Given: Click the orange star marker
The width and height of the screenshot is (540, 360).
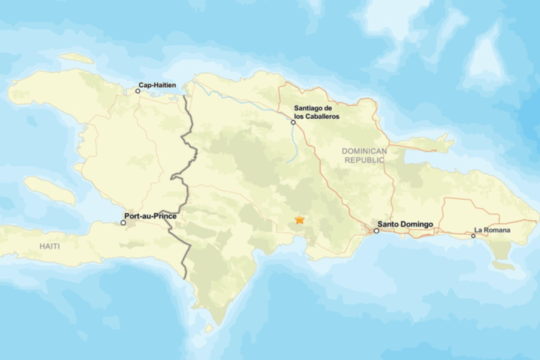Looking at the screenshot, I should coord(300,220).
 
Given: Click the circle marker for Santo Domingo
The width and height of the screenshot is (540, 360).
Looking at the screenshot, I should coord(377,231).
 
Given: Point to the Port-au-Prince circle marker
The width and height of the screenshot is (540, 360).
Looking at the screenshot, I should coord(123,223).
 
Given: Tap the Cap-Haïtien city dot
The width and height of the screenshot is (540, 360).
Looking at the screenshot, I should coord(138,91).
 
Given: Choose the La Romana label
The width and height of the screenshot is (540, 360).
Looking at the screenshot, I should coord(492,230).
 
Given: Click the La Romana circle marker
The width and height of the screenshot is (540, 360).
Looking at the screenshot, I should coord(473,236).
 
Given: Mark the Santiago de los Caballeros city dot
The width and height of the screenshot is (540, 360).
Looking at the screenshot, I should coord(293,122).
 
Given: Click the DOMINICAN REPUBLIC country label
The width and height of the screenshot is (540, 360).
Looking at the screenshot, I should coord(364,155).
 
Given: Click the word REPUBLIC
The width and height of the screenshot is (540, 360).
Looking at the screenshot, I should coord(364,160).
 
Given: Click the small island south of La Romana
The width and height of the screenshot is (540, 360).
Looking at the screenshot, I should coord(503,266).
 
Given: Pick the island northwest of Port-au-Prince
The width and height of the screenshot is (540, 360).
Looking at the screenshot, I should coord(49,191).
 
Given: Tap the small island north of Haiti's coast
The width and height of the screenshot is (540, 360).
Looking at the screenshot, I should coord(76,58).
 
